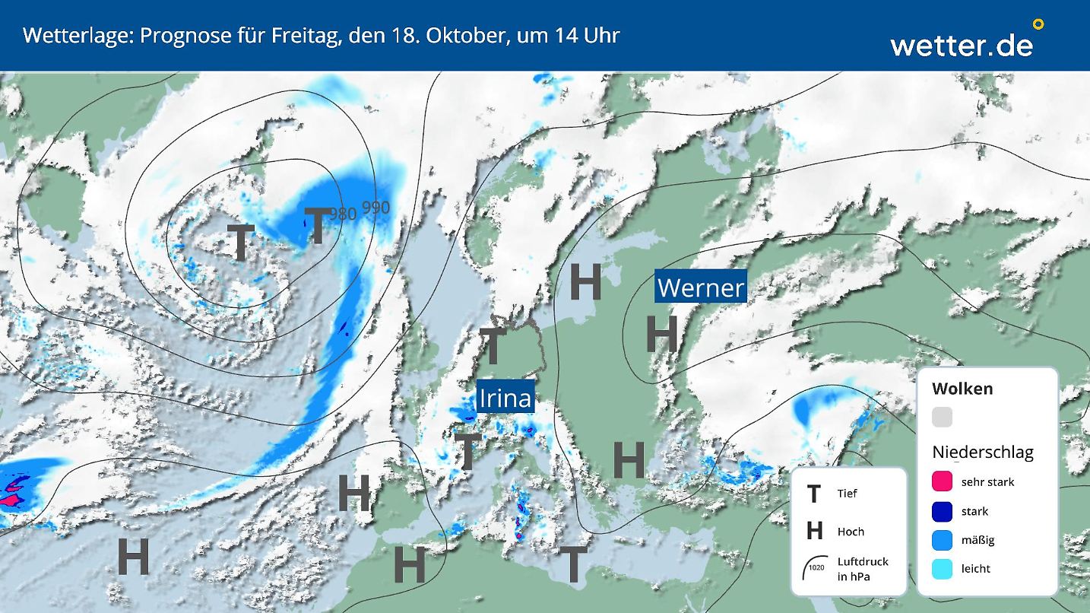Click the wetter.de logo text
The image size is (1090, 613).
(x=962, y=45)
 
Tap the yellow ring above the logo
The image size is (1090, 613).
(x=1038, y=24)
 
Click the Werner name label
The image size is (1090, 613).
(x=700, y=287)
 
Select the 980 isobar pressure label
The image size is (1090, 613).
(x=343, y=214)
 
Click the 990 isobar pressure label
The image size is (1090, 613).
(x=375, y=208)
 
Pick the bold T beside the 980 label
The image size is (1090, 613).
(x=317, y=226)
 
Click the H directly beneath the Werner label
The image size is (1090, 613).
(x=661, y=334)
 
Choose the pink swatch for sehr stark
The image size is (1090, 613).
(x=943, y=481)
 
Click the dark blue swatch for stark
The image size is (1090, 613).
(x=943, y=511)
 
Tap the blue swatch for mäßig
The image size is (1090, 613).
(x=943, y=540)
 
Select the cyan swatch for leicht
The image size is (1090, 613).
(x=943, y=568)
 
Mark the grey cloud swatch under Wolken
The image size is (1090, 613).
(x=943, y=417)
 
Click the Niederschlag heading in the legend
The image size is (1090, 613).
(x=983, y=453)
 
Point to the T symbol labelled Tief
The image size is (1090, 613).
(x=814, y=494)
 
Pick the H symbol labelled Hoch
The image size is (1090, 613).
(x=814, y=531)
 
